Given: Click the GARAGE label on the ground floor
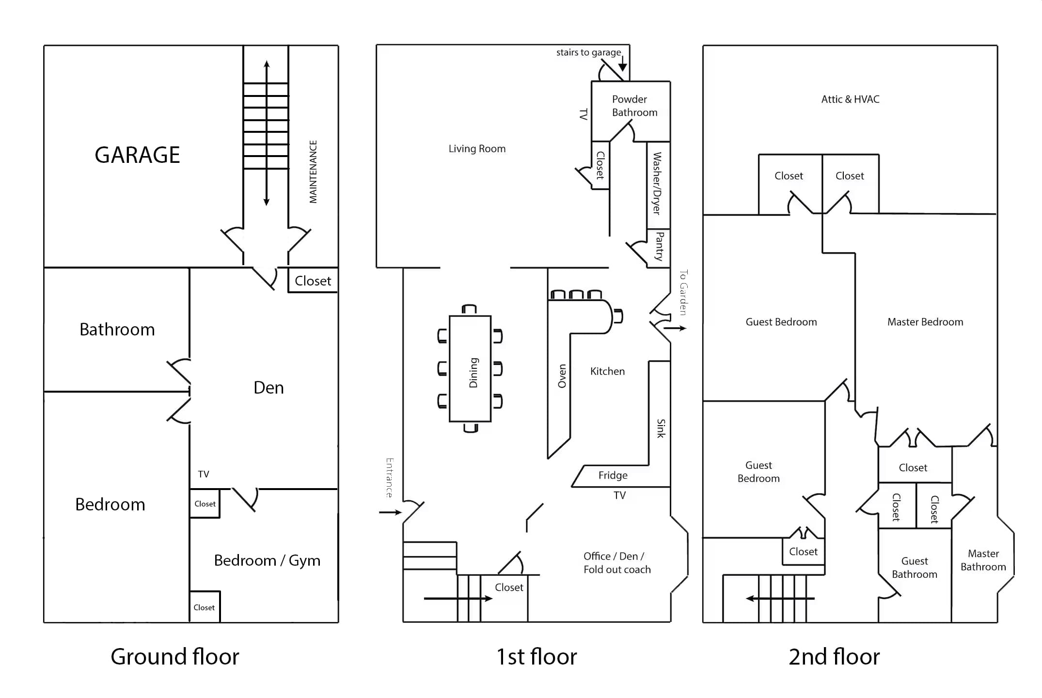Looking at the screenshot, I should (137, 155).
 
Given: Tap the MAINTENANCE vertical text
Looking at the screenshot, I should (313, 172).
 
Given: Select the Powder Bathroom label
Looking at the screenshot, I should (634, 106).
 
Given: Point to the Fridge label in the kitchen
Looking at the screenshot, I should (613, 476).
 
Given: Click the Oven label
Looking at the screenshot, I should (562, 376).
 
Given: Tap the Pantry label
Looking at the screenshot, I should (660, 246).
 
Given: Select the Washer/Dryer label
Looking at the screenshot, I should (657, 183).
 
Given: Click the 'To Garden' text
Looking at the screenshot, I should (683, 293).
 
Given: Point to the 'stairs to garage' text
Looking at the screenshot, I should (588, 52).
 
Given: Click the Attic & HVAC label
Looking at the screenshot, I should (850, 99).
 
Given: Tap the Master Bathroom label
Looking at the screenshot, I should (983, 560).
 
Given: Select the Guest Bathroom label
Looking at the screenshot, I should (914, 568).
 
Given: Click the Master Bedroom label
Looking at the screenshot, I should (925, 322).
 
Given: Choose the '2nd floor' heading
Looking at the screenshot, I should (834, 657).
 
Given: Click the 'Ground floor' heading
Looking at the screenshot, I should (174, 657).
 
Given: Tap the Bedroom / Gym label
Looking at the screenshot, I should (267, 561).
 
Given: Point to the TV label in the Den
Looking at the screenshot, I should (204, 475).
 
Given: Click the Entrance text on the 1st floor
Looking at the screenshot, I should (389, 478).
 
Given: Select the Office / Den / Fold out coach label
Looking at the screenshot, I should (616, 563).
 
